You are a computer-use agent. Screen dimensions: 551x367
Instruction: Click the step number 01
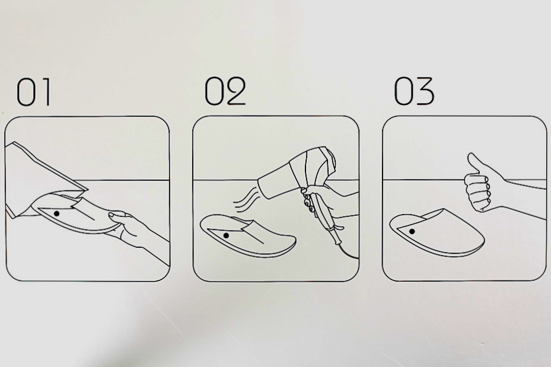pyautogui.click(x=34, y=92)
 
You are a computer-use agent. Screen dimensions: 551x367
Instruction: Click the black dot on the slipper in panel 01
pyautogui.click(x=56, y=213)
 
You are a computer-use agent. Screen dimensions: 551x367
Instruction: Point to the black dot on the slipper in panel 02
pyautogui.click(x=226, y=235)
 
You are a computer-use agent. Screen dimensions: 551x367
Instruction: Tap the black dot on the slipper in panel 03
pyautogui.click(x=412, y=231)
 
